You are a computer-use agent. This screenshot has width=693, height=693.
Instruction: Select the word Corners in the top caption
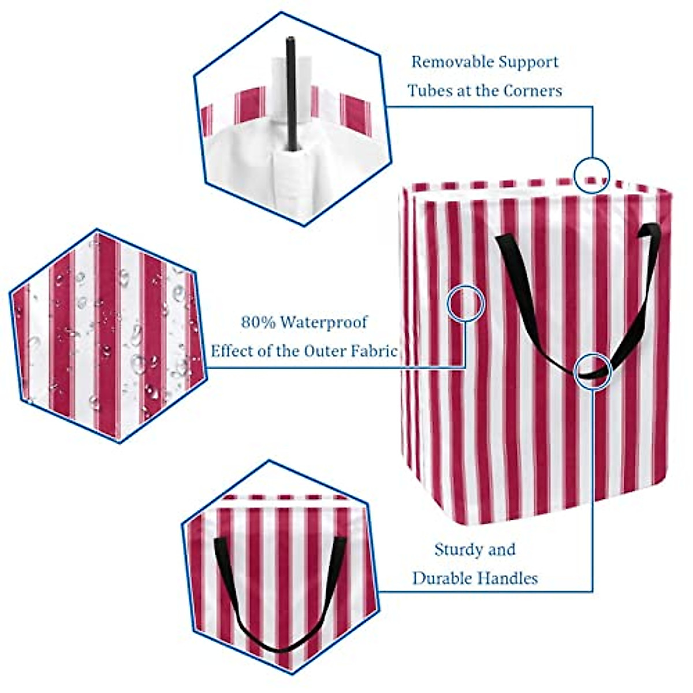[x=533, y=91]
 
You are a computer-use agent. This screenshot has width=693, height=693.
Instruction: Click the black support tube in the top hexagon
[x=291, y=92]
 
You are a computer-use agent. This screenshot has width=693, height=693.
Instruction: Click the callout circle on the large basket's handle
[x=593, y=370]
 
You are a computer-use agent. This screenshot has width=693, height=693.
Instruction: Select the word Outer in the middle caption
[x=322, y=351]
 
